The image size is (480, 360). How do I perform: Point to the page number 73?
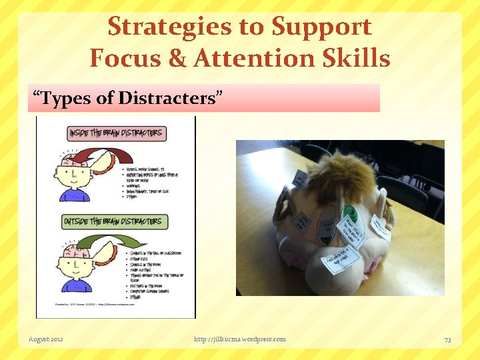[x=447, y=339]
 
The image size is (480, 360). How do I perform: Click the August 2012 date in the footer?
[x=46, y=339]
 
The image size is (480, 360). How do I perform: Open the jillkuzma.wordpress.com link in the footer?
[x=239, y=339]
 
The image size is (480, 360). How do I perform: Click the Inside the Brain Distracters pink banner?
[x=115, y=133]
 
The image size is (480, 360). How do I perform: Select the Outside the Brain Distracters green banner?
[x=115, y=221]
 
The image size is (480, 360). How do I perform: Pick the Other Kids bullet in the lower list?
[x=141, y=259]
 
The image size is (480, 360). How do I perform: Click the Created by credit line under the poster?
[x=87, y=304]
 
